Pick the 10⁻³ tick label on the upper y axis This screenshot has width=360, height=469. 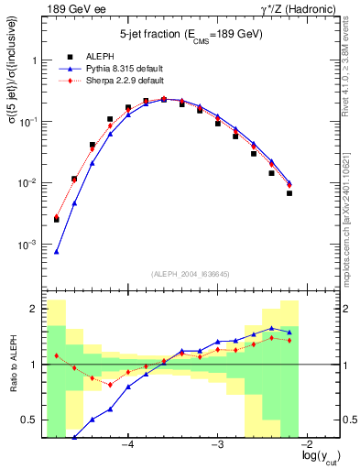pyautogui.click(x=28, y=245)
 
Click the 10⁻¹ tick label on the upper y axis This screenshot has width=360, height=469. pyautogui.click(x=28, y=121)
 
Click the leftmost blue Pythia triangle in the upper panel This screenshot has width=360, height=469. pyautogui.click(x=57, y=251)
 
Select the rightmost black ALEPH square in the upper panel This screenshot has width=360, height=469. pyautogui.click(x=289, y=193)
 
